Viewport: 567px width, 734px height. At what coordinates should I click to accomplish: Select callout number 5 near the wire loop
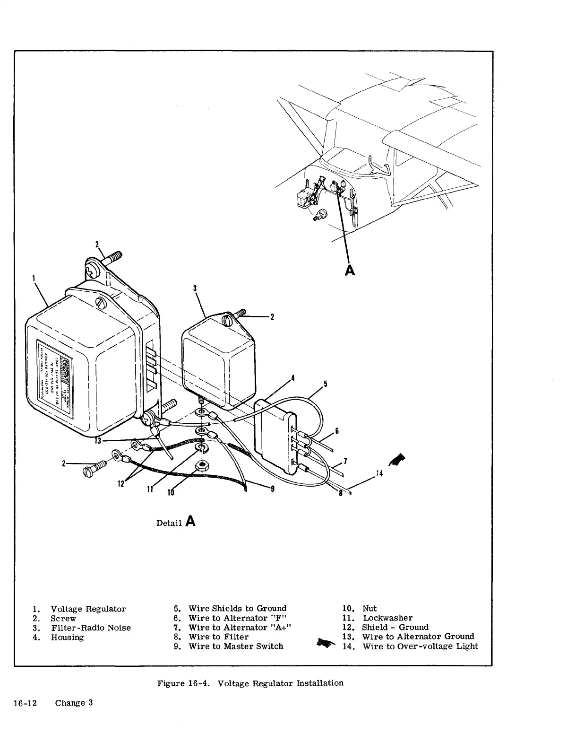pos(325,383)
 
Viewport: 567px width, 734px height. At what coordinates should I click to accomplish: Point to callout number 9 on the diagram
pos(273,489)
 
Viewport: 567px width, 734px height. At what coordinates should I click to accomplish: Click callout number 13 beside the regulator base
pos(98,441)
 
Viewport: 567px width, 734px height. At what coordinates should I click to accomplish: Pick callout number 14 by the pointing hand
pos(378,473)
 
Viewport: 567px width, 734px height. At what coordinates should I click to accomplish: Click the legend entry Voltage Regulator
pos(88,609)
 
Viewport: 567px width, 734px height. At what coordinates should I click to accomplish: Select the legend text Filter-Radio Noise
pos(91,628)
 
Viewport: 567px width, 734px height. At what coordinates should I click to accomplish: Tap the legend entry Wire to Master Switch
pos(236,646)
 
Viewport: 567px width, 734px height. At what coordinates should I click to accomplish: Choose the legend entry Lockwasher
pos(387,618)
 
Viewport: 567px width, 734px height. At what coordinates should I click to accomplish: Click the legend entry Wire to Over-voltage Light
pos(420,646)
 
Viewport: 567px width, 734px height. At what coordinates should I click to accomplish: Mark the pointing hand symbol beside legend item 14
pos(326,642)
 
